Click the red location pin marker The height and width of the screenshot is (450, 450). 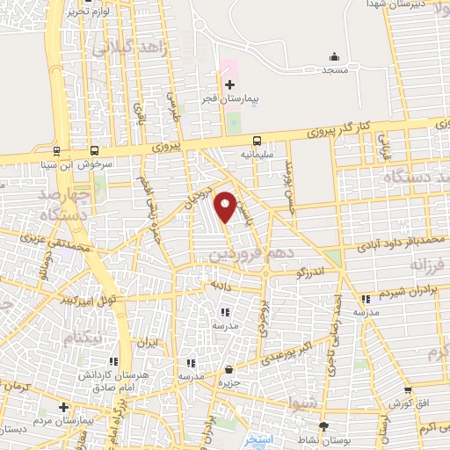[226, 206]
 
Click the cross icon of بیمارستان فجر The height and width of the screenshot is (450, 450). [230, 85]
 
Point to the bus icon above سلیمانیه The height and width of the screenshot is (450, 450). [258, 141]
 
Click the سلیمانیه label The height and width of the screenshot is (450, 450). [258, 154]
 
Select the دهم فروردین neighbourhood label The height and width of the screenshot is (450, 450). [243, 253]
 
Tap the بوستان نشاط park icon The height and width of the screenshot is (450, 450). [323, 425]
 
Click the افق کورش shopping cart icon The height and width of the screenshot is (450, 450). [407, 391]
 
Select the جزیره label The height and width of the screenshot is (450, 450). [229, 383]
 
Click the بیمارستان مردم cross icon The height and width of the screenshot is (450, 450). [62, 407]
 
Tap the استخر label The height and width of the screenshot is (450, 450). [258, 439]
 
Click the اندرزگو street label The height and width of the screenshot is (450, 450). [309, 273]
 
